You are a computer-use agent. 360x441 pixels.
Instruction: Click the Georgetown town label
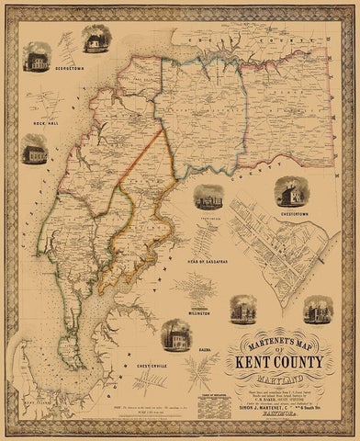tap(43, 68)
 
